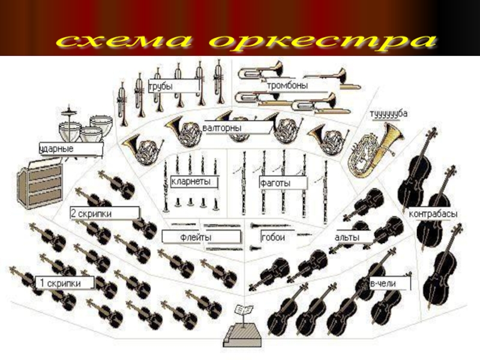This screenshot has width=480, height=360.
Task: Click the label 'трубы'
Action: [x=161, y=87]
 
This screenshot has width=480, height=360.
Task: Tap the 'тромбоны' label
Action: [x=287, y=86]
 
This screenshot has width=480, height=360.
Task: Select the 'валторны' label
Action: [x=223, y=127]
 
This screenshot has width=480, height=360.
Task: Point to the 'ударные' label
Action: [x=57, y=148]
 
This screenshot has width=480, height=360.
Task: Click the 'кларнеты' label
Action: [x=191, y=181]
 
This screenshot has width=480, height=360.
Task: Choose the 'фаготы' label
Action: [x=275, y=181]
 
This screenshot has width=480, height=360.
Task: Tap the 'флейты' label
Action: [x=196, y=238]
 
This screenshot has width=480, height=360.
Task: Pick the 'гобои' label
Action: [x=273, y=238]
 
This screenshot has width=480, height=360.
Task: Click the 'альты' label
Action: [x=347, y=238]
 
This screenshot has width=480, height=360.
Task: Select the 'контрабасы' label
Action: [x=433, y=214]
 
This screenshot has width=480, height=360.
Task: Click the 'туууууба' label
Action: [x=388, y=112]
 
